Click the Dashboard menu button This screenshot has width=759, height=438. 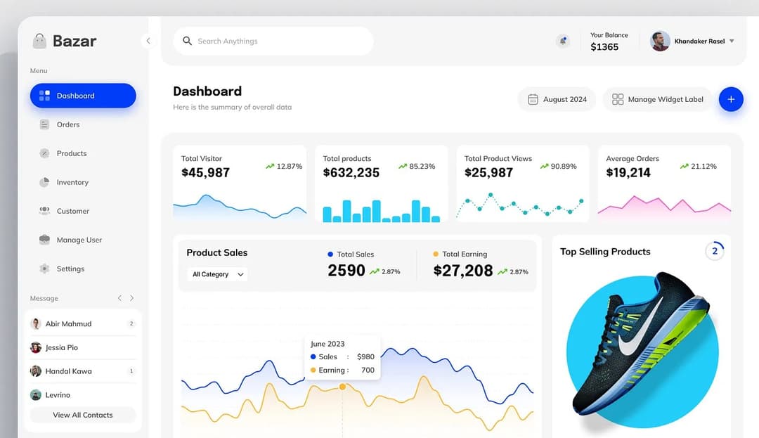82,96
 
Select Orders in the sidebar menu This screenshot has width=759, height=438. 67,124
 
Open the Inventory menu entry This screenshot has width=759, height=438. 72,182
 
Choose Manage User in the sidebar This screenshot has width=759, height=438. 79,240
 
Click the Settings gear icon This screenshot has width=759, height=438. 44,269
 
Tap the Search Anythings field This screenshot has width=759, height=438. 273,41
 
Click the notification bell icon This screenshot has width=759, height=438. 563,41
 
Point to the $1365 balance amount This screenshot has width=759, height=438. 604,47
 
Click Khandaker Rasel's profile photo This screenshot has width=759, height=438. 660,41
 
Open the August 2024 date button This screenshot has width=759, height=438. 557,99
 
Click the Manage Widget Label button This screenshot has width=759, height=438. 657,99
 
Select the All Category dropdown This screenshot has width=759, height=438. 218,274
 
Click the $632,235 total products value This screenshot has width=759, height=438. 351,173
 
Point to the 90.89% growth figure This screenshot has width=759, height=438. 563,167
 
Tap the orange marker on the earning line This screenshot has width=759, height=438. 342,387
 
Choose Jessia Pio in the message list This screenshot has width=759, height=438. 62,347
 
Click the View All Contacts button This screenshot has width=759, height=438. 82,415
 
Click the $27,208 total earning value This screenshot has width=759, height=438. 463,271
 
